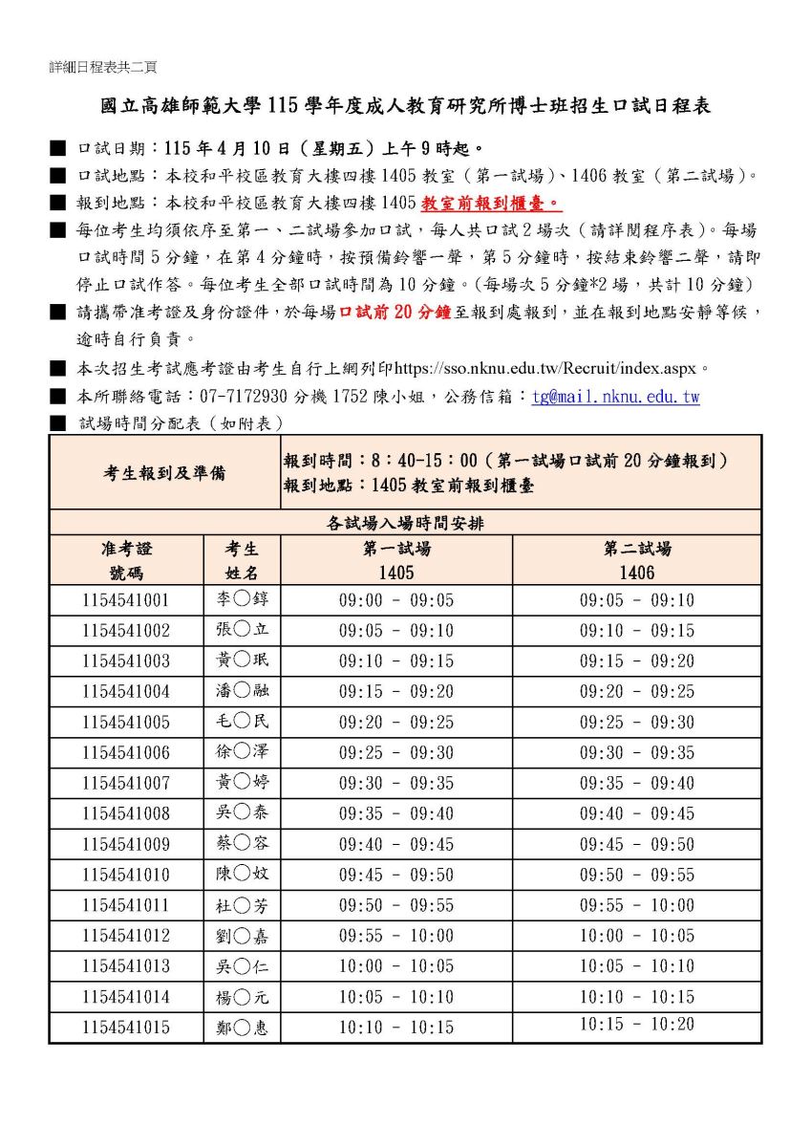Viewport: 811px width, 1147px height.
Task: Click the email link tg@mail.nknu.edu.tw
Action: click(x=615, y=397)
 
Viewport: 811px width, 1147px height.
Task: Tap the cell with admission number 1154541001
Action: click(x=125, y=601)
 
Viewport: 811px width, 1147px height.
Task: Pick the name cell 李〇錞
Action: click(x=242, y=601)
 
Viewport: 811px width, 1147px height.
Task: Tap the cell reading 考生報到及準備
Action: click(x=164, y=472)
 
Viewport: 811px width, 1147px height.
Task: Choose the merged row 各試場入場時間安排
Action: click(x=405, y=523)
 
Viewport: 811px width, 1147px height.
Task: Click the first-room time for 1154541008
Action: click(x=396, y=814)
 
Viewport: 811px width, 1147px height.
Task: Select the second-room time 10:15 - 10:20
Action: click(x=636, y=1024)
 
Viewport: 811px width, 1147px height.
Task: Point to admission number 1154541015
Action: click(x=125, y=1028)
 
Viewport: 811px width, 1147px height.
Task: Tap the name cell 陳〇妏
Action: click(x=242, y=876)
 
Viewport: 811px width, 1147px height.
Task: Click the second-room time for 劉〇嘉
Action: click(x=636, y=936)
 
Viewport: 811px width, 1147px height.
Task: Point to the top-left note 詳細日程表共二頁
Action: click(x=103, y=67)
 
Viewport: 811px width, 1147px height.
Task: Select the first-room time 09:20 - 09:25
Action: click(x=396, y=723)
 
